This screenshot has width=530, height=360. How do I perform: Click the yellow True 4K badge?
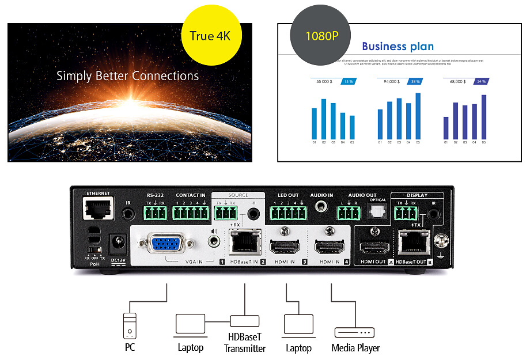pos(210,36)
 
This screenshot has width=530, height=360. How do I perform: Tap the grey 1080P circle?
pos(321,36)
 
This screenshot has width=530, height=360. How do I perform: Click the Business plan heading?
pos(397,47)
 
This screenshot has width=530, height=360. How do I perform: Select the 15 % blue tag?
pos(349,82)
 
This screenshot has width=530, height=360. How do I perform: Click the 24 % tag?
pos(480,82)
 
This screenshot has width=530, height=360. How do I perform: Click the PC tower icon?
pos(130,326)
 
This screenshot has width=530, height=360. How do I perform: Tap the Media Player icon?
pos(354,332)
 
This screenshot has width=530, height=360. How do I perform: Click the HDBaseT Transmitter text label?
pos(245,343)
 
